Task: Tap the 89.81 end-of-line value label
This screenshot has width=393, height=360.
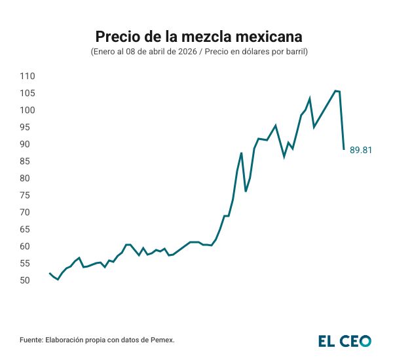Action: [361, 150]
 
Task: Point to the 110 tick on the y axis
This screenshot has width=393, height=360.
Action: [27, 76]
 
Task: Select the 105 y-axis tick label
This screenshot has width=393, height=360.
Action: [27, 93]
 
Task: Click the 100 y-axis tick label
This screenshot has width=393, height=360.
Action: [27, 110]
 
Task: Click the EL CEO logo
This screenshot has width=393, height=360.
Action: [345, 340]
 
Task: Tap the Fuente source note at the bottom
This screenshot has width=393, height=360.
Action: [98, 340]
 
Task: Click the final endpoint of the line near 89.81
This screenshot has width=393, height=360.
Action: [344, 149]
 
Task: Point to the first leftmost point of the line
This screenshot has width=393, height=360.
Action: [50, 273]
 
